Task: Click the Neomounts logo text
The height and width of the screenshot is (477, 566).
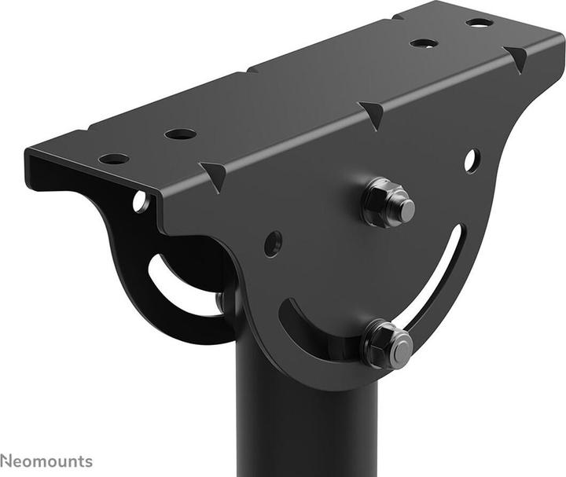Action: point(46,461)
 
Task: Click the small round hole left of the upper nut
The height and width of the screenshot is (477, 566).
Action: point(272,244)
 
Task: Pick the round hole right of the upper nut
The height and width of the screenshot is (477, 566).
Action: point(471,160)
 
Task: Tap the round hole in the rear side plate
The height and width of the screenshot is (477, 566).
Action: point(140,202)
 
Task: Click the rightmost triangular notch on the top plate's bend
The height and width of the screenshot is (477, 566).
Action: point(516,57)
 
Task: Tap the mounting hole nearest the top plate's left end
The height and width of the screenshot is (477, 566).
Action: point(114,159)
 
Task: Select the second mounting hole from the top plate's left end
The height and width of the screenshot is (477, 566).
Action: point(180,134)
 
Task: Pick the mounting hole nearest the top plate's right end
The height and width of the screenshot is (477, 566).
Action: point(480,21)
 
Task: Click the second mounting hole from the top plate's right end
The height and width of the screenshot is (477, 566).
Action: point(424,42)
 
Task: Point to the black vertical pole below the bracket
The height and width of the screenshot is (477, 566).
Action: point(307,424)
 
